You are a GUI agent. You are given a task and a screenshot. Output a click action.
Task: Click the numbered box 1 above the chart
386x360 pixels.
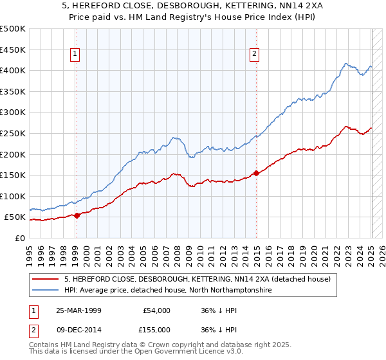click(x=76, y=55)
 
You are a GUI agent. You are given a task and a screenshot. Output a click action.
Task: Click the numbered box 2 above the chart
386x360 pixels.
click(x=255, y=55)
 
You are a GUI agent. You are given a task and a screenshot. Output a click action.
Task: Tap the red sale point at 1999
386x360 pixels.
click(x=77, y=215)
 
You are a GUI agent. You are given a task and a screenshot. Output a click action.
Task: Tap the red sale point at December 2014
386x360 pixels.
click(x=257, y=173)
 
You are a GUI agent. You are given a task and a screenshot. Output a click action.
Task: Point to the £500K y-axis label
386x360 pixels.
click(x=13, y=29)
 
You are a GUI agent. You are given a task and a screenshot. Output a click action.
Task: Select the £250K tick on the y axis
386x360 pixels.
click(x=13, y=133)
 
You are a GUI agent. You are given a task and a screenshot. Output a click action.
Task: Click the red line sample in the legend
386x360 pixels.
click(x=46, y=279)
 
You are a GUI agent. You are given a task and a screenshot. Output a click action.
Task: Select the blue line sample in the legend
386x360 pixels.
click(x=46, y=291)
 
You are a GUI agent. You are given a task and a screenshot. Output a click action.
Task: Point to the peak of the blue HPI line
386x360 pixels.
click(x=345, y=64)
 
